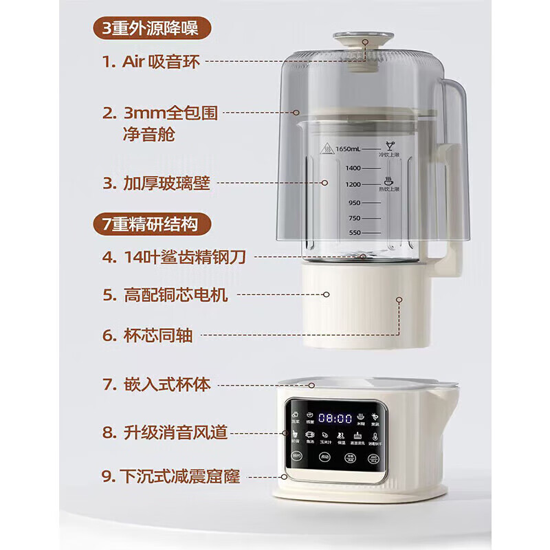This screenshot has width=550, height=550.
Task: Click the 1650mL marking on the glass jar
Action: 349,148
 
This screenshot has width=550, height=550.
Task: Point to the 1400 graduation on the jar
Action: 353,168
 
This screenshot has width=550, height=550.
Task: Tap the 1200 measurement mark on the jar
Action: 353,185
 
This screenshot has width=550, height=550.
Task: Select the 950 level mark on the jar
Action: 354,203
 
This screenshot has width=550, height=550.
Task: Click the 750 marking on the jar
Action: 354,218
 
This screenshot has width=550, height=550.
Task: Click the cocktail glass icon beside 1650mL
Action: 389,146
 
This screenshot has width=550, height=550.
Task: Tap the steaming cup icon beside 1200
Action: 389,181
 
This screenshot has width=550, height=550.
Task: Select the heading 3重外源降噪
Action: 152,29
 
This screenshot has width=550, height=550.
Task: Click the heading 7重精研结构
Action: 152,224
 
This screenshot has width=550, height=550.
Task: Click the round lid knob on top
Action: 363,39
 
